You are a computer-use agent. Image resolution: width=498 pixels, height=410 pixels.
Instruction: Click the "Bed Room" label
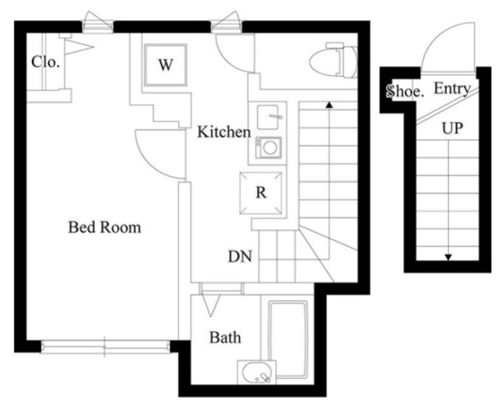click(104, 227)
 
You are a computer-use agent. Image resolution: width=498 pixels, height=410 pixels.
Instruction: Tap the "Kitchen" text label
click(224, 131)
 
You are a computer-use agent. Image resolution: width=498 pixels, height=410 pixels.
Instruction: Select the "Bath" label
click(225, 338)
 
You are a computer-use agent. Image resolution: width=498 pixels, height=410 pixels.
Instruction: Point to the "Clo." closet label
click(45, 61)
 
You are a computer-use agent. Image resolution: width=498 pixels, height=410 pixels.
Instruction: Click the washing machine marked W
click(165, 65)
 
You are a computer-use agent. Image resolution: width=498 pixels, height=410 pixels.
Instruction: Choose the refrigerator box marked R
click(261, 193)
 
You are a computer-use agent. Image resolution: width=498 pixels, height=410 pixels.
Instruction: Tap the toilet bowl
click(334, 61)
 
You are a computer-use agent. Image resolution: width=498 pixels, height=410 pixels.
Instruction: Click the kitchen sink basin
click(268, 117)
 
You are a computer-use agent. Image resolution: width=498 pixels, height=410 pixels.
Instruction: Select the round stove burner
click(270, 148)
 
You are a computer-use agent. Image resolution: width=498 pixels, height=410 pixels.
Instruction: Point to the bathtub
click(288, 339)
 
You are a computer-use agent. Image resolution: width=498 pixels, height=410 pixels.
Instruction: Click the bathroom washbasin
click(258, 373)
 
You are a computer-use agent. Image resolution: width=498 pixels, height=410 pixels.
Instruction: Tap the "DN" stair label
click(240, 257)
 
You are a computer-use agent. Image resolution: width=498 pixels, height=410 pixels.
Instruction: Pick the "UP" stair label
click(452, 128)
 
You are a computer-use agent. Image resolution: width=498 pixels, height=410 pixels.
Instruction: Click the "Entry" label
click(452, 89)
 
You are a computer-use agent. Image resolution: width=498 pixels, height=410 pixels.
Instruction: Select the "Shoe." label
click(405, 92)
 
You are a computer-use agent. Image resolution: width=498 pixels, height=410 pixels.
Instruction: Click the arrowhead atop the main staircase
click(329, 104)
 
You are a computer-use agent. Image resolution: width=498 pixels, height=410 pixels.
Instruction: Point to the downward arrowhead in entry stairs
click(448, 258)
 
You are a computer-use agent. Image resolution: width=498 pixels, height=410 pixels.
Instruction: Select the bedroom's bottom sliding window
click(106, 347)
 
